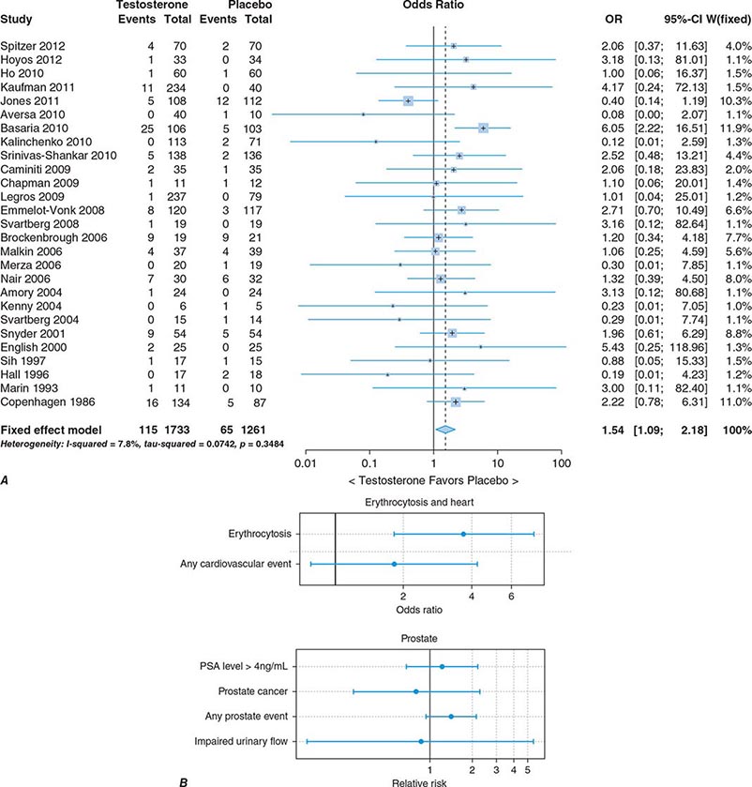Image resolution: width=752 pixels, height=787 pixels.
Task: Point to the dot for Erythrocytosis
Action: (463, 534)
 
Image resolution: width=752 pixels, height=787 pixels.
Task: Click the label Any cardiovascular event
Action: (235, 564)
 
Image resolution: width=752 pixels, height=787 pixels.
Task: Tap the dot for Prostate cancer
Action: (416, 691)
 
